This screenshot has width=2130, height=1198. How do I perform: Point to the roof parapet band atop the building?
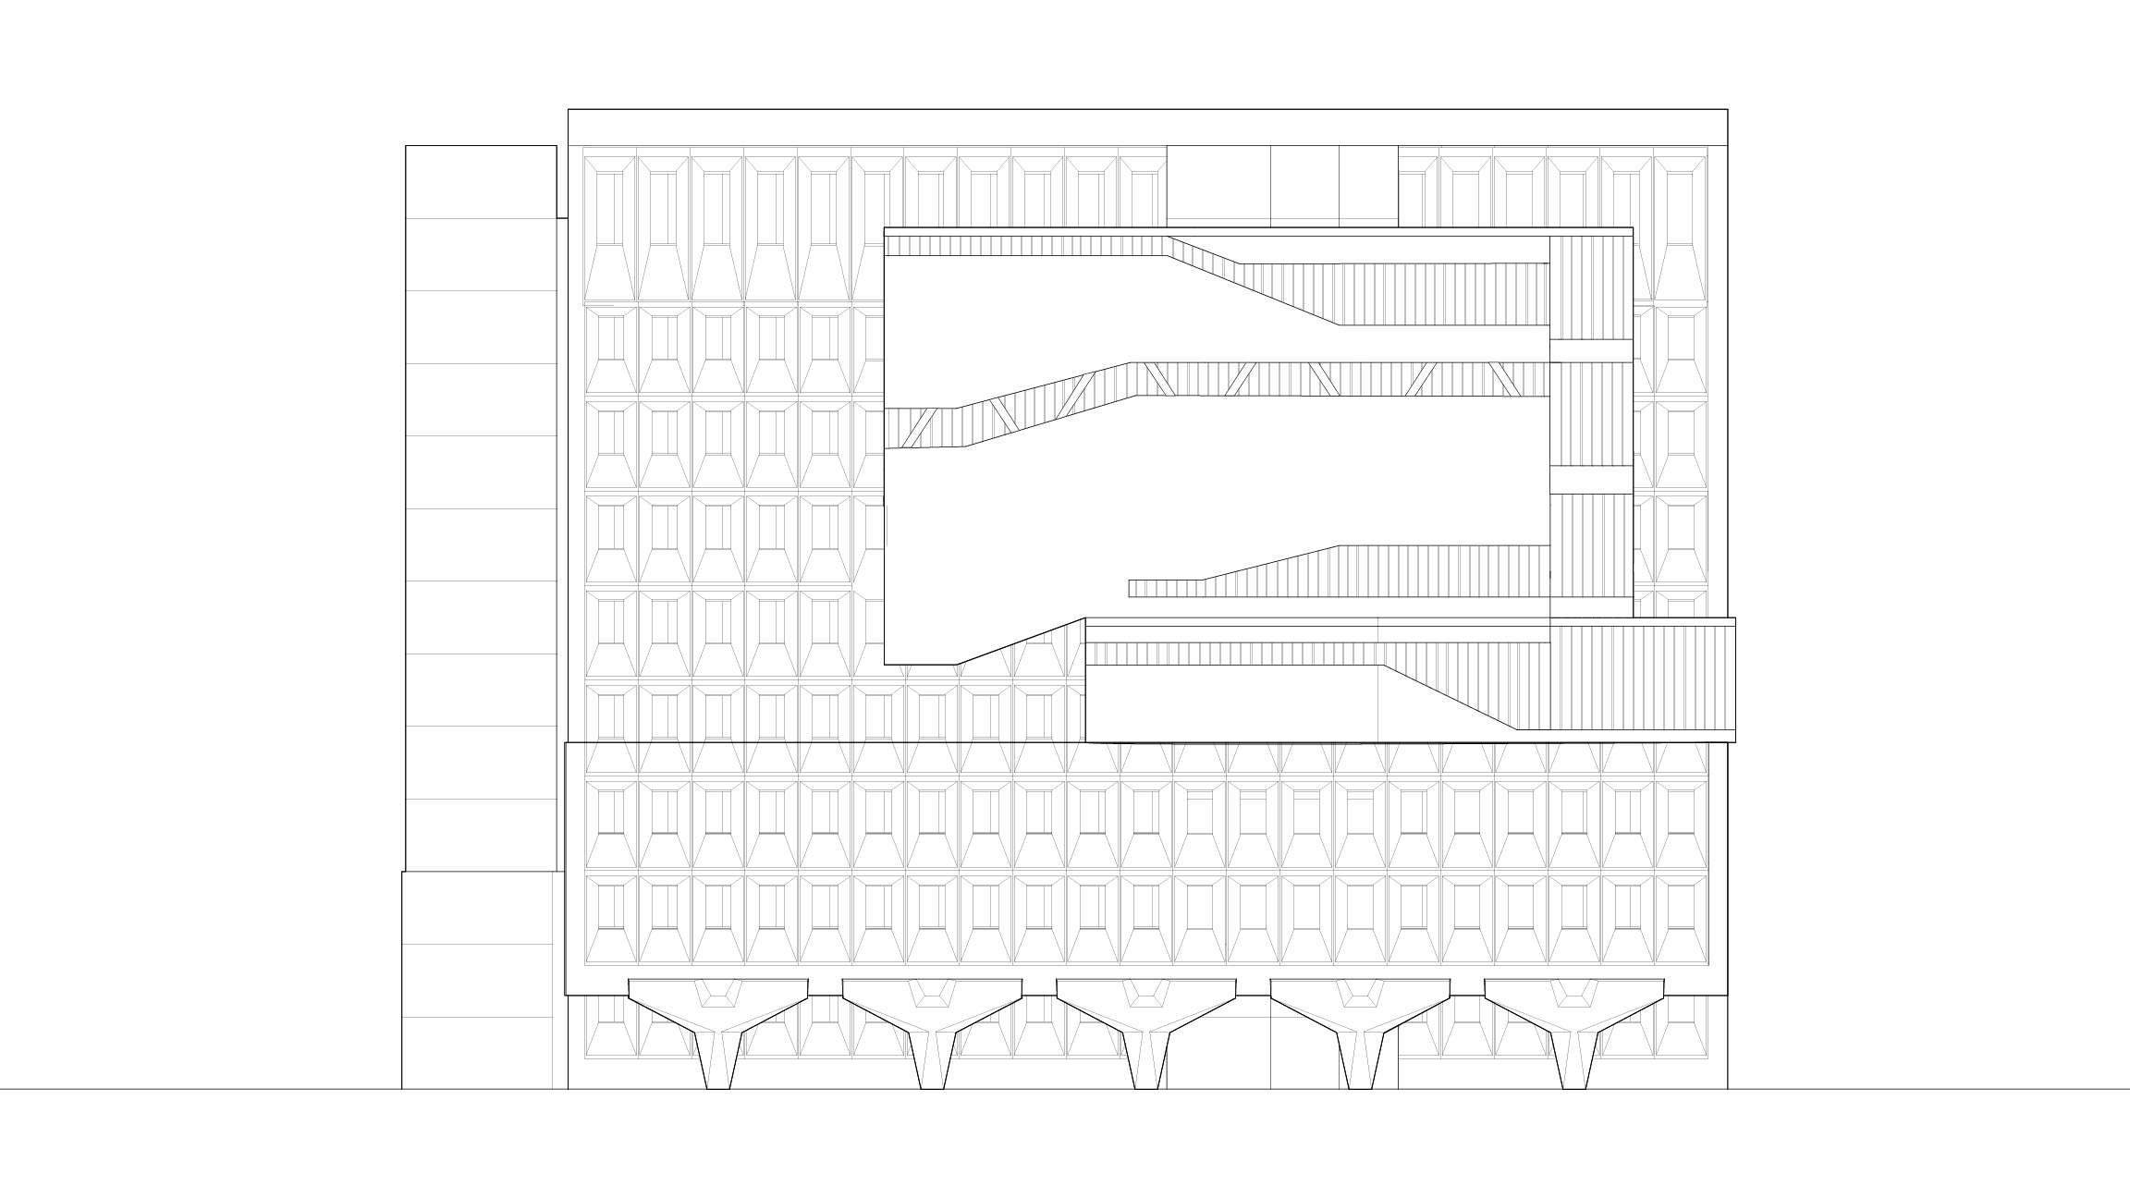pos(1146,127)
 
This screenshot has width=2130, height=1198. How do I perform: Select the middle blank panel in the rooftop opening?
pos(1304,184)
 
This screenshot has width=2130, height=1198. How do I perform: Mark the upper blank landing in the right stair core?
pos(1590,350)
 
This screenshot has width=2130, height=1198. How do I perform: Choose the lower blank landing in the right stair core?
pos(1590,480)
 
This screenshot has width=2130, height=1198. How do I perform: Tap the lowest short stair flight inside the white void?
pos(1165,588)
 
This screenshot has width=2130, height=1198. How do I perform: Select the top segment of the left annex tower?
pos(481,181)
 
